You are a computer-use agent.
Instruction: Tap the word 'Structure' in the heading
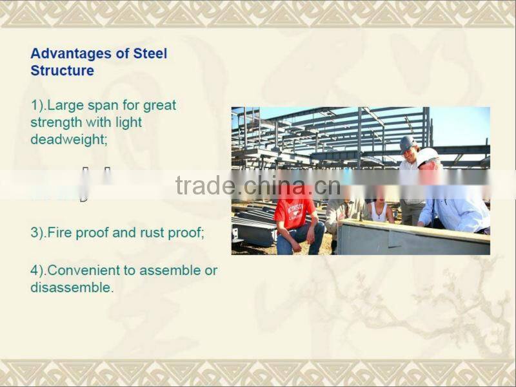pyautogui.click(x=62, y=70)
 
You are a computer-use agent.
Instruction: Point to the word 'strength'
pyautogui.click(x=56, y=122)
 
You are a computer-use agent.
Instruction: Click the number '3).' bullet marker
pyautogui.click(x=37, y=232)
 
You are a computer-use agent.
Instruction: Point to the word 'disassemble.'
pyautogui.click(x=72, y=287)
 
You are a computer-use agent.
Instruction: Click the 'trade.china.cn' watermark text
pyautogui.click(x=257, y=185)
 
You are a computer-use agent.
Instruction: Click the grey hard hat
pyautogui.click(x=407, y=143)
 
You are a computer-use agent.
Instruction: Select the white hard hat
pyautogui.click(x=426, y=155)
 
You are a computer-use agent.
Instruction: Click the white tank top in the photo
pyautogui.click(x=380, y=212)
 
